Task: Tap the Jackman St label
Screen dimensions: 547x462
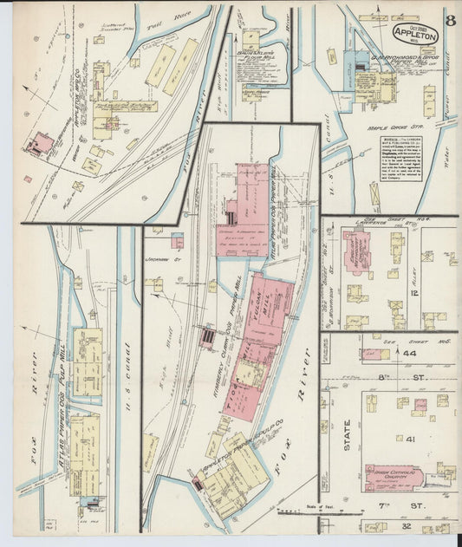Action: pyautogui.click(x=162, y=258)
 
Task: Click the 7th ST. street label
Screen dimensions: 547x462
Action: pyautogui.click(x=421, y=505)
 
